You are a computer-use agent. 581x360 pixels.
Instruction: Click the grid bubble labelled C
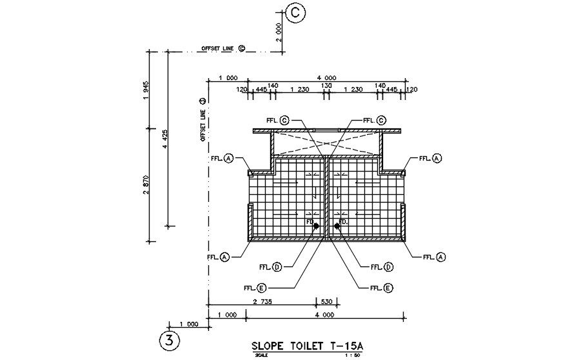tap(295, 12)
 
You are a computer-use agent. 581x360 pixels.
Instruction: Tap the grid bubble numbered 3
tap(169, 340)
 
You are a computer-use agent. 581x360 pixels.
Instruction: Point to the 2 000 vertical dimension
tap(278, 32)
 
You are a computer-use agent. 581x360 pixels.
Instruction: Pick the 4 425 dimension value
tap(164, 139)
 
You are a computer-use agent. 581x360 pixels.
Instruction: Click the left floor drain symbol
tap(315, 226)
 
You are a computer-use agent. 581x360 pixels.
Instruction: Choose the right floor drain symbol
tap(337, 226)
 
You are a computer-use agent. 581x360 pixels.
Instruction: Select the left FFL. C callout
tap(277, 120)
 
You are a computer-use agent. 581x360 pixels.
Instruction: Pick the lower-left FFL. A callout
tap(219, 257)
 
